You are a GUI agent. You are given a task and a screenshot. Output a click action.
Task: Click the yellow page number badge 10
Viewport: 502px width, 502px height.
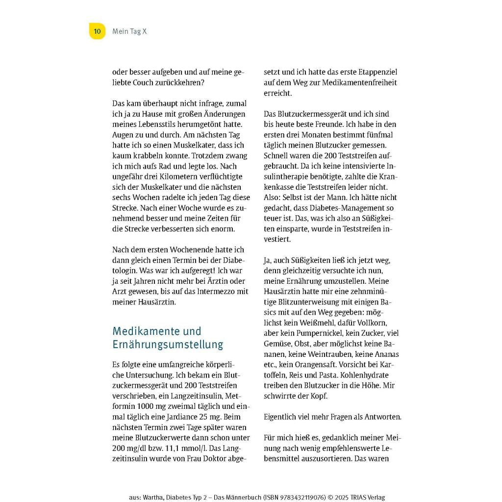tap(97, 31)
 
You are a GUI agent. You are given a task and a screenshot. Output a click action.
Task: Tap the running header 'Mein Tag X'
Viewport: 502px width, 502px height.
tap(129, 31)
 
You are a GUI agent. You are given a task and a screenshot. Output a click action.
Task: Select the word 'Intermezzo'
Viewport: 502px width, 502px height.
tap(208, 291)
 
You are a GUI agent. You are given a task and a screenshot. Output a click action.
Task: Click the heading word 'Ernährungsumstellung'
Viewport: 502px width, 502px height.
tap(168, 345)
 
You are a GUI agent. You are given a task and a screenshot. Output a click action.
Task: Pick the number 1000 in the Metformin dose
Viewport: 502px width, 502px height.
tap(149, 406)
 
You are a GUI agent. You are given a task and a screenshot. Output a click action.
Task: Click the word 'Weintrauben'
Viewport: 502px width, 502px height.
tap(337, 354)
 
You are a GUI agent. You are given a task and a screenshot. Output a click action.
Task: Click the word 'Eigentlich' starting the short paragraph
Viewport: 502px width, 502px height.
tap(282, 417)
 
